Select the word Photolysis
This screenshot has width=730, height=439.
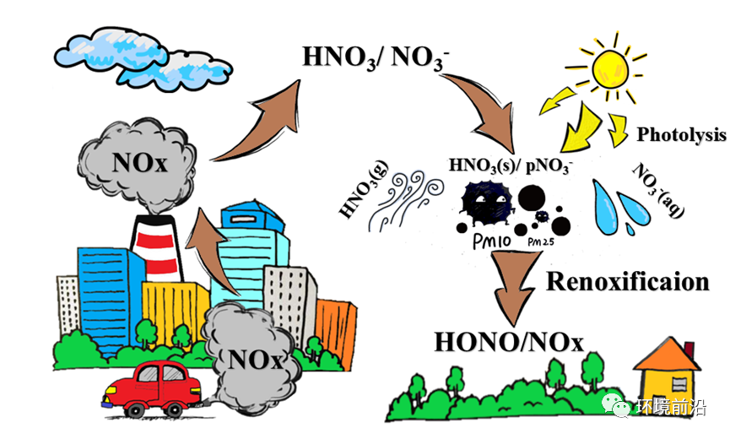tap(680, 134)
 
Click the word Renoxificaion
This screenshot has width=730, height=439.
tap(628, 281)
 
